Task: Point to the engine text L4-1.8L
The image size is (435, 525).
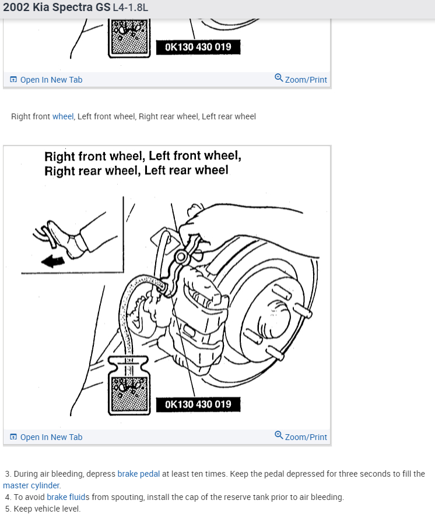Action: click(127, 9)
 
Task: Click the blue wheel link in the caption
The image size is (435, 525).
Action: click(63, 116)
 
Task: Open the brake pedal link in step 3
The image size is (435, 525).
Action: click(138, 474)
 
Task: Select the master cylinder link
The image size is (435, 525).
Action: click(31, 485)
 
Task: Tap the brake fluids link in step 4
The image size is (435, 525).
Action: click(68, 497)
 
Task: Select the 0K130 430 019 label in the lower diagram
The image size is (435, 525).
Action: click(198, 404)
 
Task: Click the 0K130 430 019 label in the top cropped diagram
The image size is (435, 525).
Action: click(198, 47)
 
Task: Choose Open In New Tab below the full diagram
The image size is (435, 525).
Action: click(47, 437)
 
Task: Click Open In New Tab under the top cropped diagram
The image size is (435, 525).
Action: click(47, 80)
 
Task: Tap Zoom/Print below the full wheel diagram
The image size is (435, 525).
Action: click(301, 437)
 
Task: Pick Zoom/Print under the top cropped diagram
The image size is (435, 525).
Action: click(301, 79)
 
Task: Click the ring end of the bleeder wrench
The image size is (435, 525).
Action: click(181, 257)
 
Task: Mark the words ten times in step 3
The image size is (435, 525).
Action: click(210, 474)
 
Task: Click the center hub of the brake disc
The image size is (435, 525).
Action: click(272, 324)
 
